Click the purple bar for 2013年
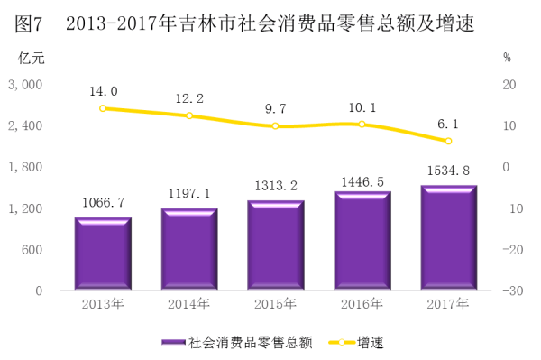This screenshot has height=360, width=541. (103, 254)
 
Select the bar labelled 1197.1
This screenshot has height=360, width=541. (189, 249)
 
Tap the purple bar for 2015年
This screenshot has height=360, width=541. (276, 245)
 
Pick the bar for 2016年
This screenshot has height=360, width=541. (362, 240)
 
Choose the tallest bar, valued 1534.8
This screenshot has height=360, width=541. (449, 237)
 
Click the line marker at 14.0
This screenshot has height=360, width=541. (103, 108)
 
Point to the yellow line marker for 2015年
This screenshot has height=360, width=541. (275, 126)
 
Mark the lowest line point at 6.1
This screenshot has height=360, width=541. (448, 141)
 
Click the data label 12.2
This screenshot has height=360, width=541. (189, 98)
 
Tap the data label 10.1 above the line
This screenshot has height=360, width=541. (362, 107)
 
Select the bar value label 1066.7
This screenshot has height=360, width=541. (103, 203)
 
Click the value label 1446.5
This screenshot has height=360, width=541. (362, 182)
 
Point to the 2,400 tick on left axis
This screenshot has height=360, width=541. (25, 126)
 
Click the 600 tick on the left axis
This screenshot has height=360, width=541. (32, 250)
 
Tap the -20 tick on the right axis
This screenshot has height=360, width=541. (513, 250)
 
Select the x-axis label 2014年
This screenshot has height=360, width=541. (188, 304)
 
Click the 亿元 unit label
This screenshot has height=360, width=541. (31, 58)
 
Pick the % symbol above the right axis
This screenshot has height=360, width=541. (507, 58)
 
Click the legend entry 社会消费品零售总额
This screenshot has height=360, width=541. (237, 342)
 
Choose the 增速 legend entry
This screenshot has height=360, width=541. (356, 342)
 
